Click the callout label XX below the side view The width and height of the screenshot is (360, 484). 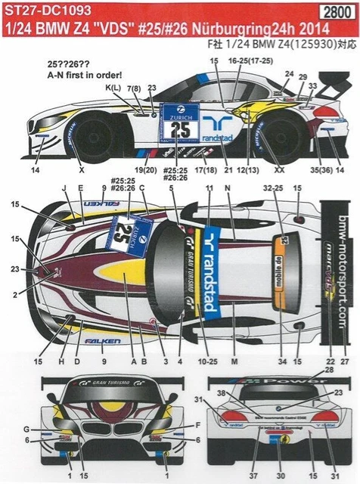coord(279,169)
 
